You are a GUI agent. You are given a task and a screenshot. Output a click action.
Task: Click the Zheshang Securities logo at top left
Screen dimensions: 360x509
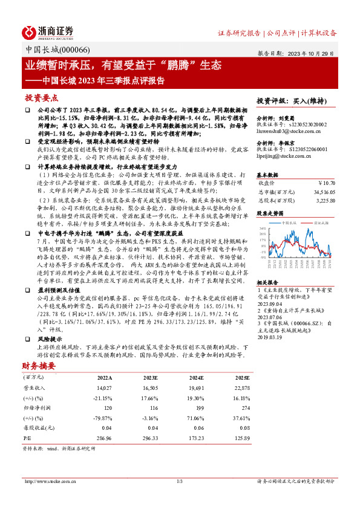click(48, 31)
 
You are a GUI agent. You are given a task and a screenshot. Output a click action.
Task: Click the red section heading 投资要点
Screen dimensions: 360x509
click(41, 97)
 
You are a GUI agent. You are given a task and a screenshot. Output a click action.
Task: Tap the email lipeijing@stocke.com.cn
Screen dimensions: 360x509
click(283, 155)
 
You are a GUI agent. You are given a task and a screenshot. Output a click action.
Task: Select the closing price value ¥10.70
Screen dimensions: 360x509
click(327, 183)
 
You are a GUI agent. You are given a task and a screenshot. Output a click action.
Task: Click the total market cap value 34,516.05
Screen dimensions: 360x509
click(322, 190)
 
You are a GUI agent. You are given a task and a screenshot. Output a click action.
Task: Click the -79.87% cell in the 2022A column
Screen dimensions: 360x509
click(104, 417)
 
